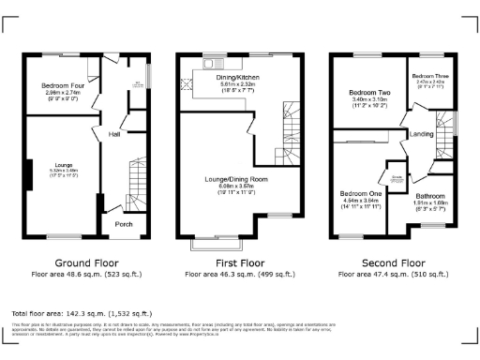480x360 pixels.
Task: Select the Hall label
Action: click(x=114, y=133)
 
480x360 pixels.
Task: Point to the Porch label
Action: click(x=124, y=224)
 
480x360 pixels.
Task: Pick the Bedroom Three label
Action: click(x=429, y=74)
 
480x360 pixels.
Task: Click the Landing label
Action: click(x=422, y=135)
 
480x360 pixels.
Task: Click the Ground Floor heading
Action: click(x=85, y=262)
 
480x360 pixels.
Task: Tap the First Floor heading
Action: click(x=239, y=262)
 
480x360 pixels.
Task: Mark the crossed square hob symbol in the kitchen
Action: click(x=187, y=83)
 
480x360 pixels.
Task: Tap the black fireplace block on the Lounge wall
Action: click(x=30, y=172)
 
